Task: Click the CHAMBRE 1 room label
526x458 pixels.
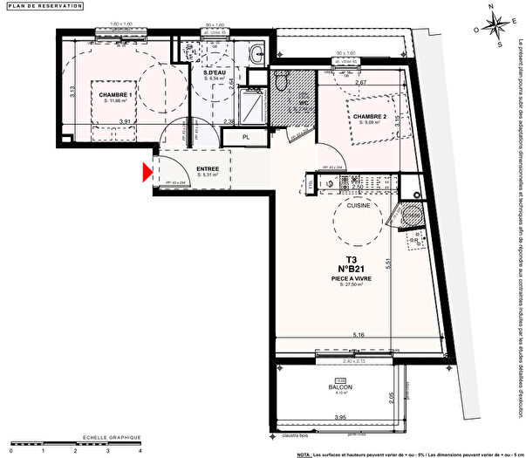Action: [x=115, y=94]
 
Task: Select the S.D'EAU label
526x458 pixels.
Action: [x=215, y=72]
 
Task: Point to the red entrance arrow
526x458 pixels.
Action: [x=147, y=174]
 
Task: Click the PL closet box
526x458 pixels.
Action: [x=246, y=136]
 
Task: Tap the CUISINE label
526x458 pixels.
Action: [x=359, y=205]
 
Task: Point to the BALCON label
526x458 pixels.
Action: [x=339, y=387]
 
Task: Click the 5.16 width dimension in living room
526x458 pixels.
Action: [x=359, y=335]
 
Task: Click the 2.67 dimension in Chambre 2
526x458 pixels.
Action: [x=360, y=84]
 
